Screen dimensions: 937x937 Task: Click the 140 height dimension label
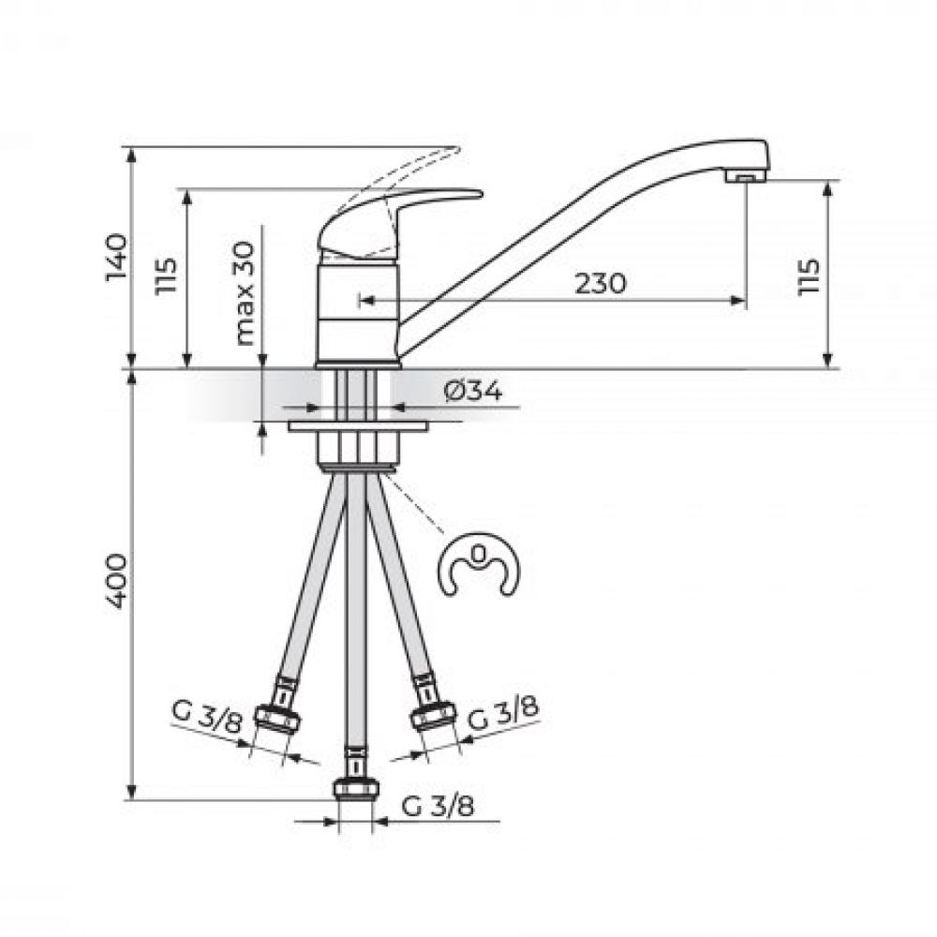116,258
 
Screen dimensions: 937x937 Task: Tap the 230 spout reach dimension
601,283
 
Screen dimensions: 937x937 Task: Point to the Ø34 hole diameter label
473,392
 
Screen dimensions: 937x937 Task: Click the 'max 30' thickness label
245,293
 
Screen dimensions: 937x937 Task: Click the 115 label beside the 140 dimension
166,275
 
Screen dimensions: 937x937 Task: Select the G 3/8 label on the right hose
502,713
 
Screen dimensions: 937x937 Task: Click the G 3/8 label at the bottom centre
438,807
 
